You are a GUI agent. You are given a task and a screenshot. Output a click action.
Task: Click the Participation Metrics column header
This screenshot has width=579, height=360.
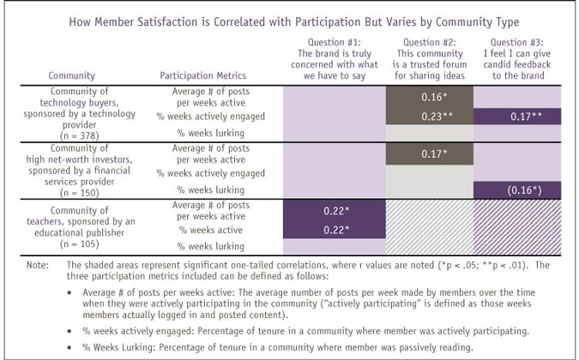click(202, 75)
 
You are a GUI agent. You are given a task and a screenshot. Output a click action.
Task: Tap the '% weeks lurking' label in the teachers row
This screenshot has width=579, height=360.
click(202, 246)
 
